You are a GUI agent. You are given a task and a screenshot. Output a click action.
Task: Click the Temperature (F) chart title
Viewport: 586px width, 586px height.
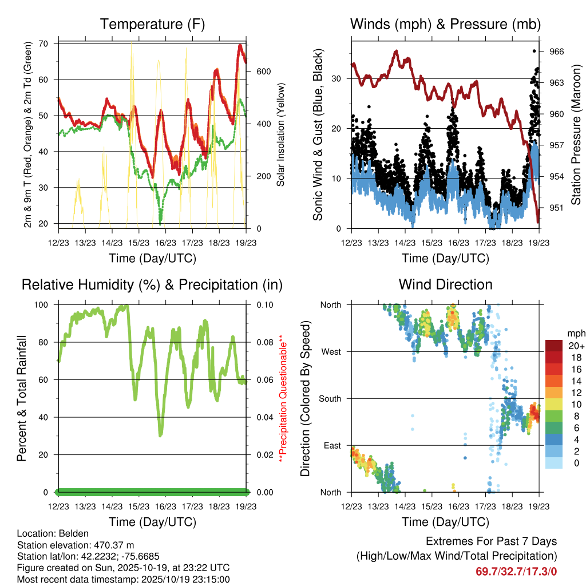click(152, 24)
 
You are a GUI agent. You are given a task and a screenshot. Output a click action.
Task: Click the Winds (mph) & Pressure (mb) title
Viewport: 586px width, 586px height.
click(446, 24)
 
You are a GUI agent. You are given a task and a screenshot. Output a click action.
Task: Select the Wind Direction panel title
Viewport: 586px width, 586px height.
click(446, 284)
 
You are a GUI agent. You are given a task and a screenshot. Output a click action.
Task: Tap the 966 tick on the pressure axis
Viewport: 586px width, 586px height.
click(556, 52)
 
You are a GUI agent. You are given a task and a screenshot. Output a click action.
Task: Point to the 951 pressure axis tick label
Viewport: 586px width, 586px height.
click(556, 208)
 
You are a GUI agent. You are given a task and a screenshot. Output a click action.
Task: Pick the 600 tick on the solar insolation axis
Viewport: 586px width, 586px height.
click(263, 72)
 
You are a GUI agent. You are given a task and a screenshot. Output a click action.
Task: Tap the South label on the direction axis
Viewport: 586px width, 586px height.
click(329, 398)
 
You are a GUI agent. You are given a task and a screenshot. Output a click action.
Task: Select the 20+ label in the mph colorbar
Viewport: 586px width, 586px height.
click(575, 346)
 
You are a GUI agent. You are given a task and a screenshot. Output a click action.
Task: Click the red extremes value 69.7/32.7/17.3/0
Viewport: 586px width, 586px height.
click(516, 571)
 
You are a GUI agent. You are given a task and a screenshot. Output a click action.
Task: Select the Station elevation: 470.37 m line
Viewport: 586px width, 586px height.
click(76, 545)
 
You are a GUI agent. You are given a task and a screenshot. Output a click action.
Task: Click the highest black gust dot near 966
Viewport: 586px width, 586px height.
click(534, 51)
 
